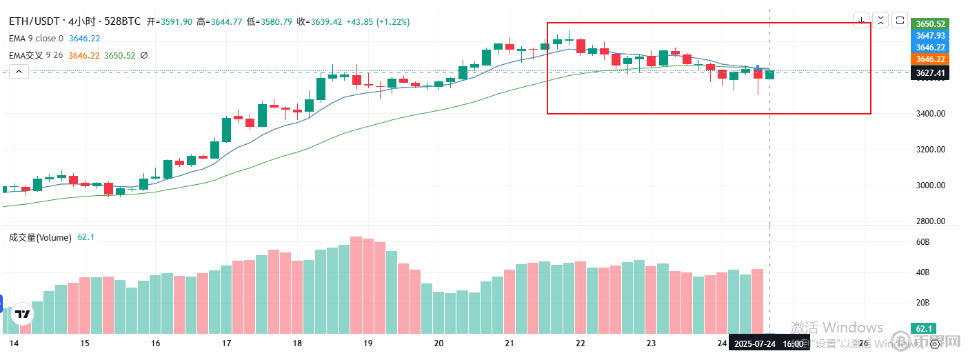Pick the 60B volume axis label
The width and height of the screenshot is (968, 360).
922,242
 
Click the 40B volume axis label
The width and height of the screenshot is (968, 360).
922,272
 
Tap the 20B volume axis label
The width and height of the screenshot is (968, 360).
922,303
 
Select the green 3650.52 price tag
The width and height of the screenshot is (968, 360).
930,23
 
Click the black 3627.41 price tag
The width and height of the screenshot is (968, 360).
930,72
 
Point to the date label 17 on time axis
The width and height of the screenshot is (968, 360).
227,343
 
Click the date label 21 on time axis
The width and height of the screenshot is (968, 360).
510,343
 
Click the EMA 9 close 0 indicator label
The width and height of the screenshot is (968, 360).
37,39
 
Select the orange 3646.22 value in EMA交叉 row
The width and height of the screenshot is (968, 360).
84,55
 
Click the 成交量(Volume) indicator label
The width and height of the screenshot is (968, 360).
40,237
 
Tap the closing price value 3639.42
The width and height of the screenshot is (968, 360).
327,22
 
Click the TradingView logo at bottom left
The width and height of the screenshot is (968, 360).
23,314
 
